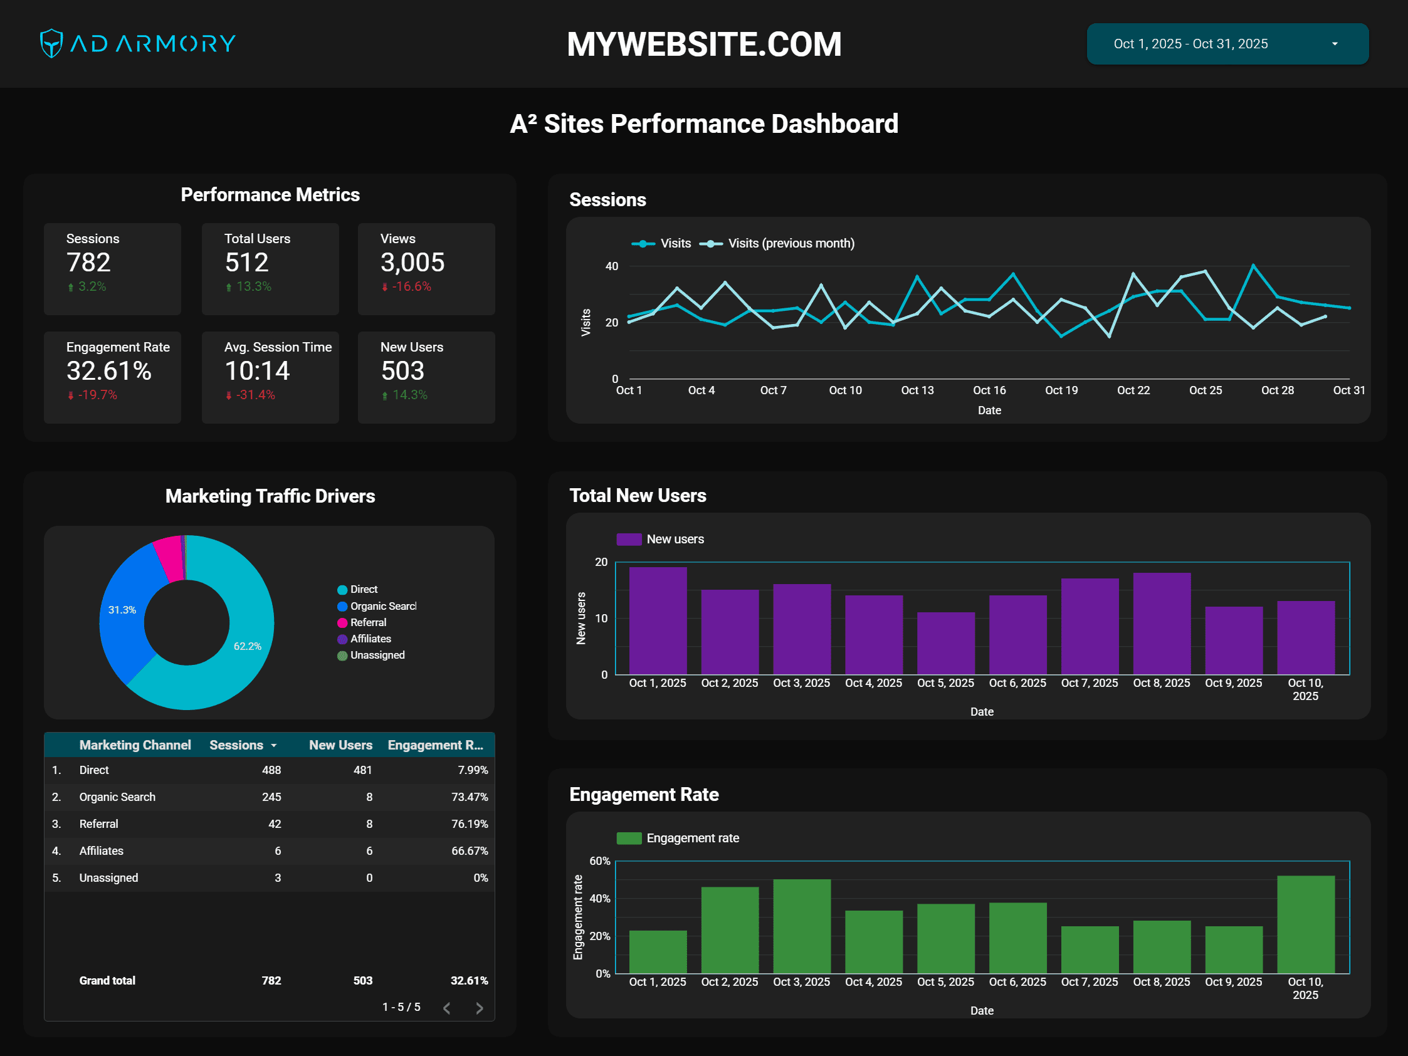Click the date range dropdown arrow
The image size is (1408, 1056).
pos(1334,44)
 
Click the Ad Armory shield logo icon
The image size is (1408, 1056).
pos(51,43)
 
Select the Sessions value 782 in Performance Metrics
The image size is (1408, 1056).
pos(88,262)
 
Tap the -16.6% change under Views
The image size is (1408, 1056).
pos(411,286)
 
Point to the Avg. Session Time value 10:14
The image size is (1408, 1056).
pos(257,370)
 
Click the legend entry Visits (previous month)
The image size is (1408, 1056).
pos(791,243)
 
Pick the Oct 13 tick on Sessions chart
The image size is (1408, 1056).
pos(917,390)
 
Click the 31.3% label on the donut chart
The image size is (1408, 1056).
pos(122,610)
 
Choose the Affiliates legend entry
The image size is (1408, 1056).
pos(370,639)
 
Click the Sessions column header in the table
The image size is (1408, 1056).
pos(237,745)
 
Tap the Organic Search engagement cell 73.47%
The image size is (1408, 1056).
pos(469,797)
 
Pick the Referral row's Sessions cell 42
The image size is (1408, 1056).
pos(275,823)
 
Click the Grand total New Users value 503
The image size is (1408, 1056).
pos(363,980)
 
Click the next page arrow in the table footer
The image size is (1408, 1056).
pos(480,1008)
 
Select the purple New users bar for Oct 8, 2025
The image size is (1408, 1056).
pos(1162,624)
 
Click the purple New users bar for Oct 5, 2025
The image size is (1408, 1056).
pos(946,643)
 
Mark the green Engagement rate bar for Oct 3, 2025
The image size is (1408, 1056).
pos(801,926)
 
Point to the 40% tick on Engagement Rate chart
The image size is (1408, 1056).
pos(599,898)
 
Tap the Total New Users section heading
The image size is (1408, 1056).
pos(637,495)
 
